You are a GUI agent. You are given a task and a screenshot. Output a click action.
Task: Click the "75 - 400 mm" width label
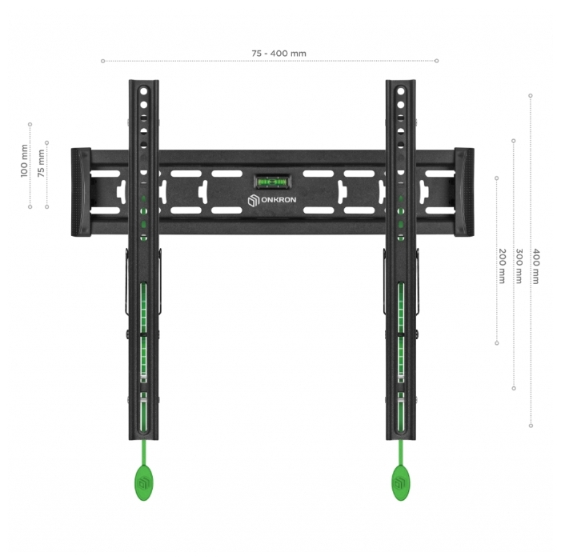pos(278,54)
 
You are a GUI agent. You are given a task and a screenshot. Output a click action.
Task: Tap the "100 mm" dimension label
pos(24,161)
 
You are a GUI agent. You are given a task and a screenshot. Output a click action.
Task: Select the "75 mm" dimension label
pos(42,163)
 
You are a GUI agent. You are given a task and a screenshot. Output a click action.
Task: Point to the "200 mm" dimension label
pos(502,266)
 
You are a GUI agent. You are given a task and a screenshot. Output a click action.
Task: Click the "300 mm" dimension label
pos(519,266)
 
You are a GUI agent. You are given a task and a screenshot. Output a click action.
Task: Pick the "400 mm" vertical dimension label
pos(535,266)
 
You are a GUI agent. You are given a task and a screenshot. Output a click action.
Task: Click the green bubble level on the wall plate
pos(273,182)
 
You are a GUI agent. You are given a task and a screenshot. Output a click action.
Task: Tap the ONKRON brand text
pos(278,199)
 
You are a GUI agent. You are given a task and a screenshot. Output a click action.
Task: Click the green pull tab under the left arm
pos(143,481)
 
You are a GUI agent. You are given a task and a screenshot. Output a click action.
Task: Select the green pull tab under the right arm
pos(401,481)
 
